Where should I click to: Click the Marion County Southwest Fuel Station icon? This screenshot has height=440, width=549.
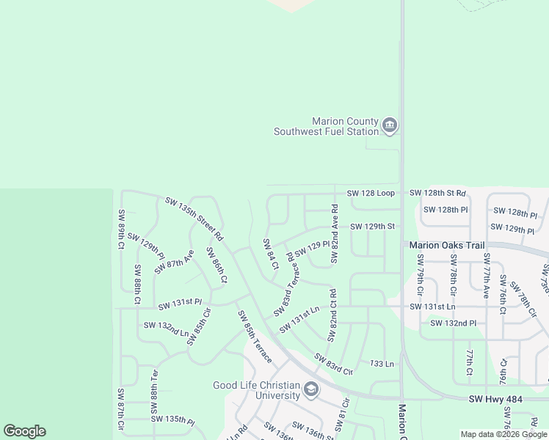[x=390, y=126]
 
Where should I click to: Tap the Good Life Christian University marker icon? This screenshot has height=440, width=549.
[x=311, y=389]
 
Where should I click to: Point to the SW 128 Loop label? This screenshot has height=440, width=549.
[x=371, y=193]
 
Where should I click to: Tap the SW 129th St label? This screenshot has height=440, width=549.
[x=372, y=227]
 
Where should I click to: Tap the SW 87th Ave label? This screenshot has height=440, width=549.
[x=174, y=262]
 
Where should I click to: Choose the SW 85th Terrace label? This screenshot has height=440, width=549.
[x=254, y=337]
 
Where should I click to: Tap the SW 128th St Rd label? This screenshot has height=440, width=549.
[x=437, y=193]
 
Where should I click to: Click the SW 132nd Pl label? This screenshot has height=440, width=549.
[x=453, y=323]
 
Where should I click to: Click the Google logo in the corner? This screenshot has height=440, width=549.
[x=24, y=431]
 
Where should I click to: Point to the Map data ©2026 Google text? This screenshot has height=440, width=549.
[x=503, y=434]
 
